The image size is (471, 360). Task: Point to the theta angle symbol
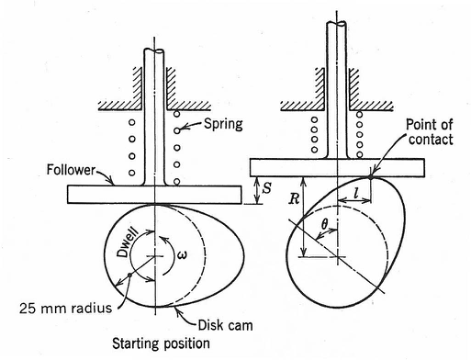[x=322, y=222]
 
